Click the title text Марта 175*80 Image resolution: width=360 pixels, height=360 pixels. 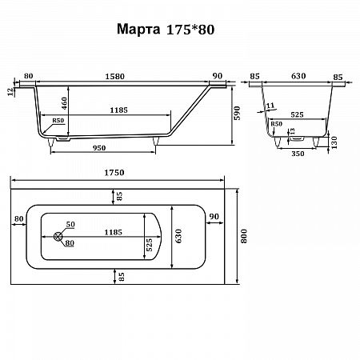point(166,29)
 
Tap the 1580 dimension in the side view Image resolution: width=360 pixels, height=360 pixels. point(114,77)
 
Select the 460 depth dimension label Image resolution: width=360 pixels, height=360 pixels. point(64,103)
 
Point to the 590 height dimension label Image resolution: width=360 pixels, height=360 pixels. point(237,113)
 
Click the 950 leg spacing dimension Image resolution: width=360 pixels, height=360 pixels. point(99,148)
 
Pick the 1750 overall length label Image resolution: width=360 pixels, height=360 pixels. point(114,173)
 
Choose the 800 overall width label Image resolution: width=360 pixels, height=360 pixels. point(244,236)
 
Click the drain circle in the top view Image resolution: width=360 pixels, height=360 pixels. point(58,236)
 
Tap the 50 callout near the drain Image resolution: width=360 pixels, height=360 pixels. point(70,224)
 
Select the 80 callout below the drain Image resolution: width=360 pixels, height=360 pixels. point(70,243)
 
